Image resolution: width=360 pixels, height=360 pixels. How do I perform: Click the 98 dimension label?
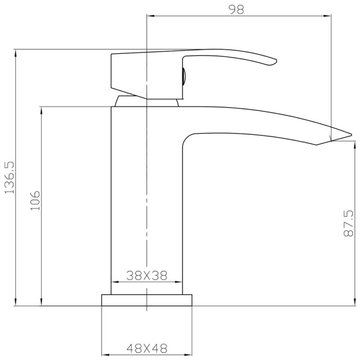click(237, 9)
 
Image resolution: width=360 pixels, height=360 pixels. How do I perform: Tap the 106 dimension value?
click(36, 200)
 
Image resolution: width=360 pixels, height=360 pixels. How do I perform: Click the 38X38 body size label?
click(147, 275)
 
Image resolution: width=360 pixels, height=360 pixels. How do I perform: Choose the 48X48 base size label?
click(147, 348)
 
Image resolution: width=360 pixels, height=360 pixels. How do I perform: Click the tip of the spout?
click(351, 135)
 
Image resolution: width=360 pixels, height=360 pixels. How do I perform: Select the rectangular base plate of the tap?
click(147, 300)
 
